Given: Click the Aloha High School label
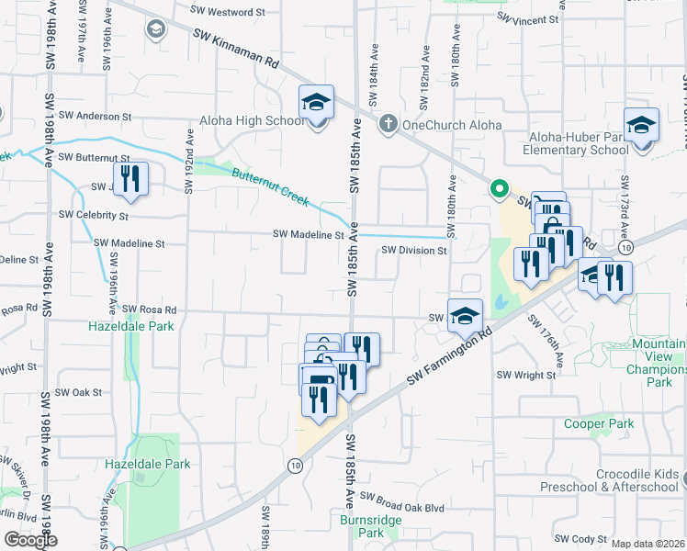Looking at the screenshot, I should pos(253,121).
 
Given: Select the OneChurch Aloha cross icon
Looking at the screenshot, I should pos(389,123).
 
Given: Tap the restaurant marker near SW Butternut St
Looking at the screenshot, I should pos(130,178).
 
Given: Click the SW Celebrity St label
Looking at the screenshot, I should pos(94,215).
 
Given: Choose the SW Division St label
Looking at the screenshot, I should pos(413,250).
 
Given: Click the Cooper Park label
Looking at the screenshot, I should pos(599,424).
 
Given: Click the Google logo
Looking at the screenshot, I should pos(30,539).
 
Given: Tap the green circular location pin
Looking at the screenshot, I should pos(499,190).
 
